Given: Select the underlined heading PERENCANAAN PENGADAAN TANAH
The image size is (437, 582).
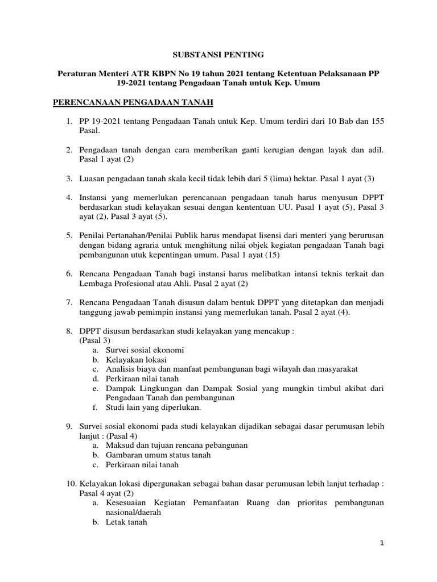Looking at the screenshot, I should (133, 102).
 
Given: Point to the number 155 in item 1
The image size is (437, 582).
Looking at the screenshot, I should (377, 121).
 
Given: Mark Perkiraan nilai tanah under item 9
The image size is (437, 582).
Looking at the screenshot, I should (142, 464).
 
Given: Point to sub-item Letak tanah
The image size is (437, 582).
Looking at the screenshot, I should (126, 522).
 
